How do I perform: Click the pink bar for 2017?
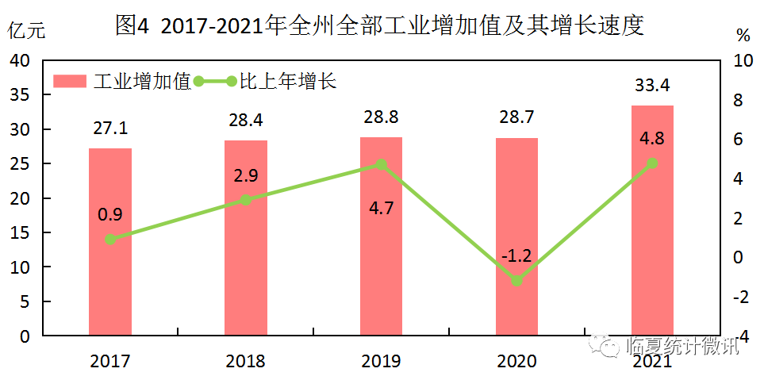(109, 241)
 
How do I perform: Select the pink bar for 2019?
(381, 236)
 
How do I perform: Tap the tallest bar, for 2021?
(652, 220)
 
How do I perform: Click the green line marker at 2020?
(516, 281)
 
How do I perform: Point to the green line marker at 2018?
(245, 200)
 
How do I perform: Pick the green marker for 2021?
(652, 163)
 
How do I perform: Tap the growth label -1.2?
(516, 255)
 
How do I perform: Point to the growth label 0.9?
(109, 213)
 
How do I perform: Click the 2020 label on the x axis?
(516, 362)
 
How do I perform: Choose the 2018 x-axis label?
(245, 362)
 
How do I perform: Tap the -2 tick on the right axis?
(739, 297)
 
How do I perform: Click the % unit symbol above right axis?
(743, 35)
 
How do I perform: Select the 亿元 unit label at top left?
(27, 32)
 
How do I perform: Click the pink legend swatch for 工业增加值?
(70, 81)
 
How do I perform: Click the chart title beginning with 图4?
(378, 25)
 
